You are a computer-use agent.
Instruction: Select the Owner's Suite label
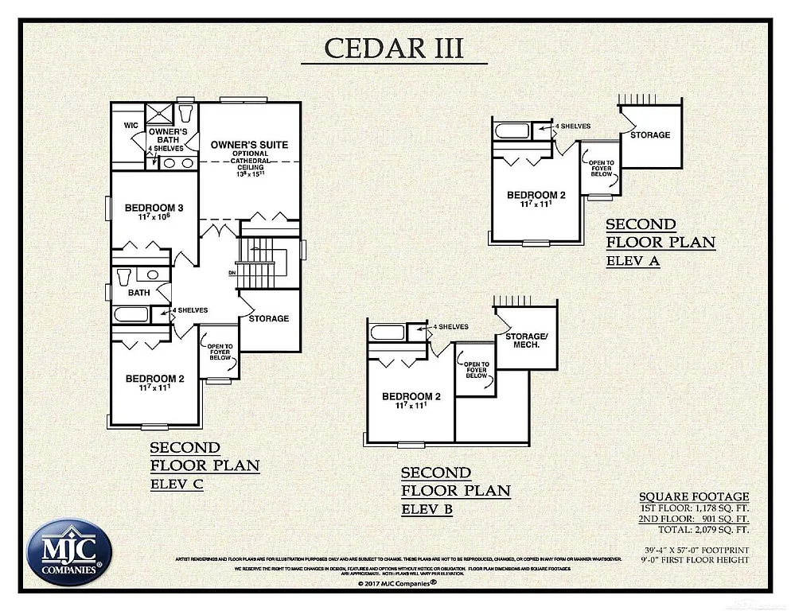pyautogui.click(x=249, y=145)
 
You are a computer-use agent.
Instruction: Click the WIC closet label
pyautogui.click(x=131, y=126)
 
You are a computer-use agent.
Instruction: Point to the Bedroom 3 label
pyautogui.click(x=154, y=208)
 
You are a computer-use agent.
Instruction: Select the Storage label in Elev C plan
pyautogui.click(x=269, y=318)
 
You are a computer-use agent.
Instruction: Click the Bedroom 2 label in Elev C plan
pyautogui.click(x=155, y=379)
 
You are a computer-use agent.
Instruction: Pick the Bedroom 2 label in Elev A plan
pyautogui.click(x=536, y=196)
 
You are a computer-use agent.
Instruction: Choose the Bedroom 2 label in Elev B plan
pyautogui.click(x=411, y=397)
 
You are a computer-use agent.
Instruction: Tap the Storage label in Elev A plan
pyautogui.click(x=650, y=135)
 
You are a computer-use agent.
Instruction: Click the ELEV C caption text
pyautogui.click(x=177, y=483)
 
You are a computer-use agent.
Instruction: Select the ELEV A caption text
pyautogui.click(x=633, y=260)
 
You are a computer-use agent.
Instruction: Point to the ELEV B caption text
pyautogui.click(x=427, y=509)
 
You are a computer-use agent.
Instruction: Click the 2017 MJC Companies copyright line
pyautogui.click(x=395, y=583)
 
